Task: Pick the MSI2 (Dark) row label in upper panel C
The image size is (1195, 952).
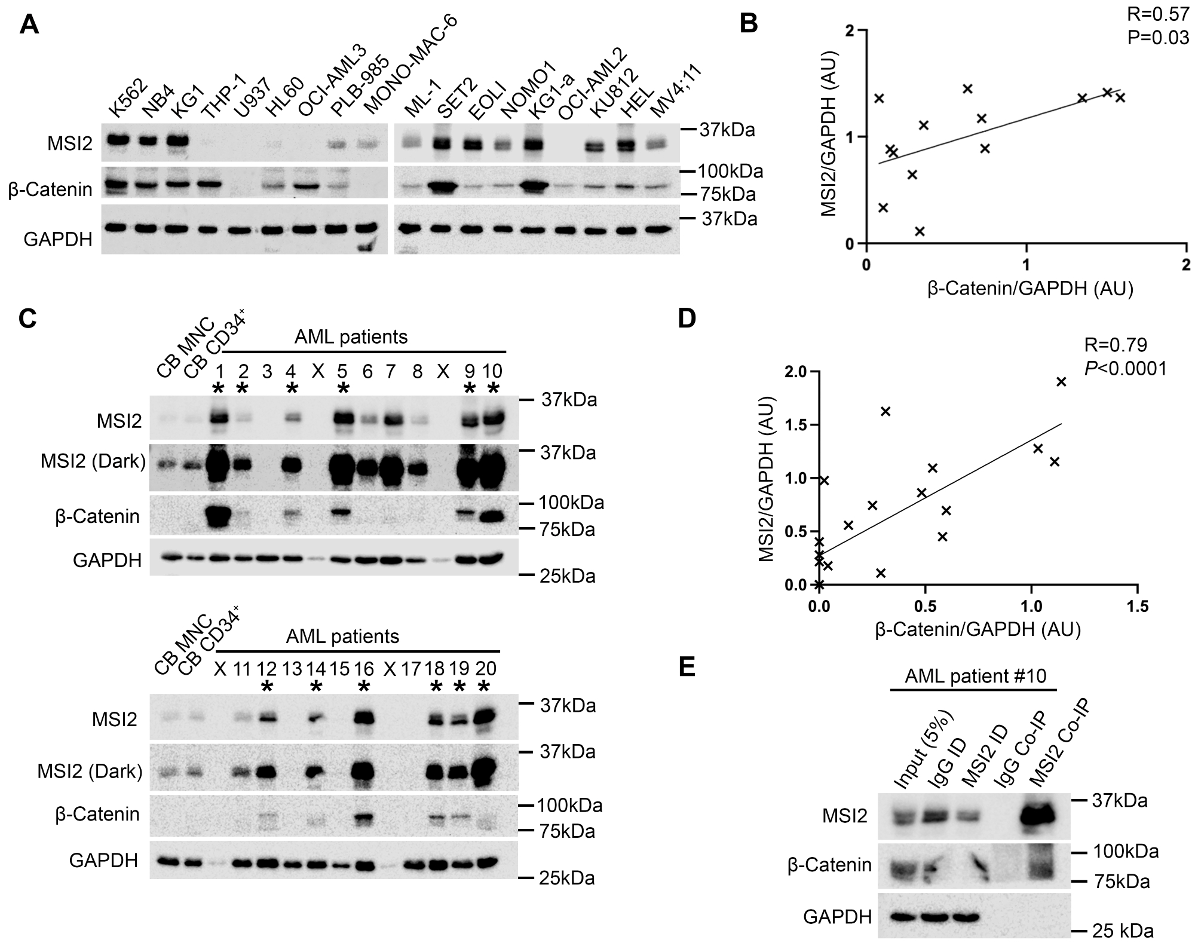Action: tap(93, 461)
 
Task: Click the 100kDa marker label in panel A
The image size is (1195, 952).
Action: tap(731, 172)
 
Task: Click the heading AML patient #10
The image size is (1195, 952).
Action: tap(975, 676)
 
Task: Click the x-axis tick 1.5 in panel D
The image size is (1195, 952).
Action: tap(1136, 607)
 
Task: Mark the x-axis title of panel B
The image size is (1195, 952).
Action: tap(1030, 289)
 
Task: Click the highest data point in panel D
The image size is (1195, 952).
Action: tap(1061, 382)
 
